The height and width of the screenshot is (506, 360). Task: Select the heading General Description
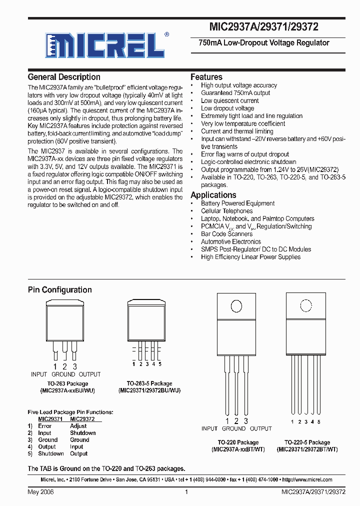click(64, 77)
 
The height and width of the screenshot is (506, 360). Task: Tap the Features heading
click(206, 77)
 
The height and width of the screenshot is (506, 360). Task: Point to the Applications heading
click(213, 195)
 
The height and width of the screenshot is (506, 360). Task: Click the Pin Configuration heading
click(59, 290)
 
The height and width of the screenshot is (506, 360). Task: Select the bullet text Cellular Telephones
click(226, 211)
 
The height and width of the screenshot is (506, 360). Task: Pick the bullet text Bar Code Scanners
click(226, 234)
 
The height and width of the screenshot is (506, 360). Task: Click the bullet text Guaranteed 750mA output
click(235, 93)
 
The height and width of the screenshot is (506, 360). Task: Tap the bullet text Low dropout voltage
click(227, 108)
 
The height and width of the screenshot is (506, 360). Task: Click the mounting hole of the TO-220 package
click(236, 306)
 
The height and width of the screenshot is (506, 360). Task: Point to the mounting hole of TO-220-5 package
click(304, 306)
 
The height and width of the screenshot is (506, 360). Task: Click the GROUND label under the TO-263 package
click(63, 374)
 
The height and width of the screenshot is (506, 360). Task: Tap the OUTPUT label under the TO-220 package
click(260, 428)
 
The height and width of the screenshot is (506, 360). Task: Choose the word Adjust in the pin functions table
click(78, 426)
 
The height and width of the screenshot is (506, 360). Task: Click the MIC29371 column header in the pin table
click(50, 419)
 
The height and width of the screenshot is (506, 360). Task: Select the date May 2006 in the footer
click(40, 492)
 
